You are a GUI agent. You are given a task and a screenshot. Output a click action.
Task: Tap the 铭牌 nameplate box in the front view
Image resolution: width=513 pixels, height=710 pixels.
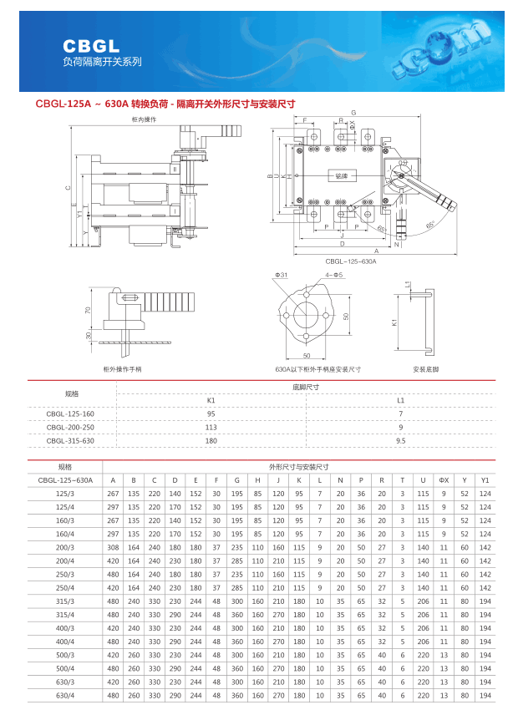point(341,175)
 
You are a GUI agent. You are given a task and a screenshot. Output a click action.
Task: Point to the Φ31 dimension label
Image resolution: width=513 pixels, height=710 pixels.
point(281,275)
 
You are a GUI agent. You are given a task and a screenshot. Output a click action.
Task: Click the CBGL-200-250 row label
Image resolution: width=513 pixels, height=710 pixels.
point(70,427)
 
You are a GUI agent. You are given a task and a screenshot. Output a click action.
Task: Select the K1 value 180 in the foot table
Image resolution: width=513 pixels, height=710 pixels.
point(211,440)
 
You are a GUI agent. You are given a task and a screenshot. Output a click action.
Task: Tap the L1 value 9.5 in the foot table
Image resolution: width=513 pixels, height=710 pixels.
point(400,440)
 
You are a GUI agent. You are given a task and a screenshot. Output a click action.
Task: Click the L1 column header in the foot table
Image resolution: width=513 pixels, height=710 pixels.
point(400,400)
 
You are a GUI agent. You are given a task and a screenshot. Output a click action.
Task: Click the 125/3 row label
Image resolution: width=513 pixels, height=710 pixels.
point(65,494)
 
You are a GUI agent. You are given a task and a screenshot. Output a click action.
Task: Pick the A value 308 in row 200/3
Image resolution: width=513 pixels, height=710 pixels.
point(113,547)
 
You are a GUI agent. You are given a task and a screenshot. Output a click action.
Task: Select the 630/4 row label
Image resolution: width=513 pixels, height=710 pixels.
point(65,695)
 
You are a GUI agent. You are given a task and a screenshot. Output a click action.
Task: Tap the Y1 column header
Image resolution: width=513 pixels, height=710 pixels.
point(485,480)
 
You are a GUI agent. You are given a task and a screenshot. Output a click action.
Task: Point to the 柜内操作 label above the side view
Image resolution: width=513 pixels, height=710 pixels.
point(144,119)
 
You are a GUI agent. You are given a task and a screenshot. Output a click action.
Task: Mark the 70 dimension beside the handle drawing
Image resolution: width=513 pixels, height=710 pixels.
point(88,309)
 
